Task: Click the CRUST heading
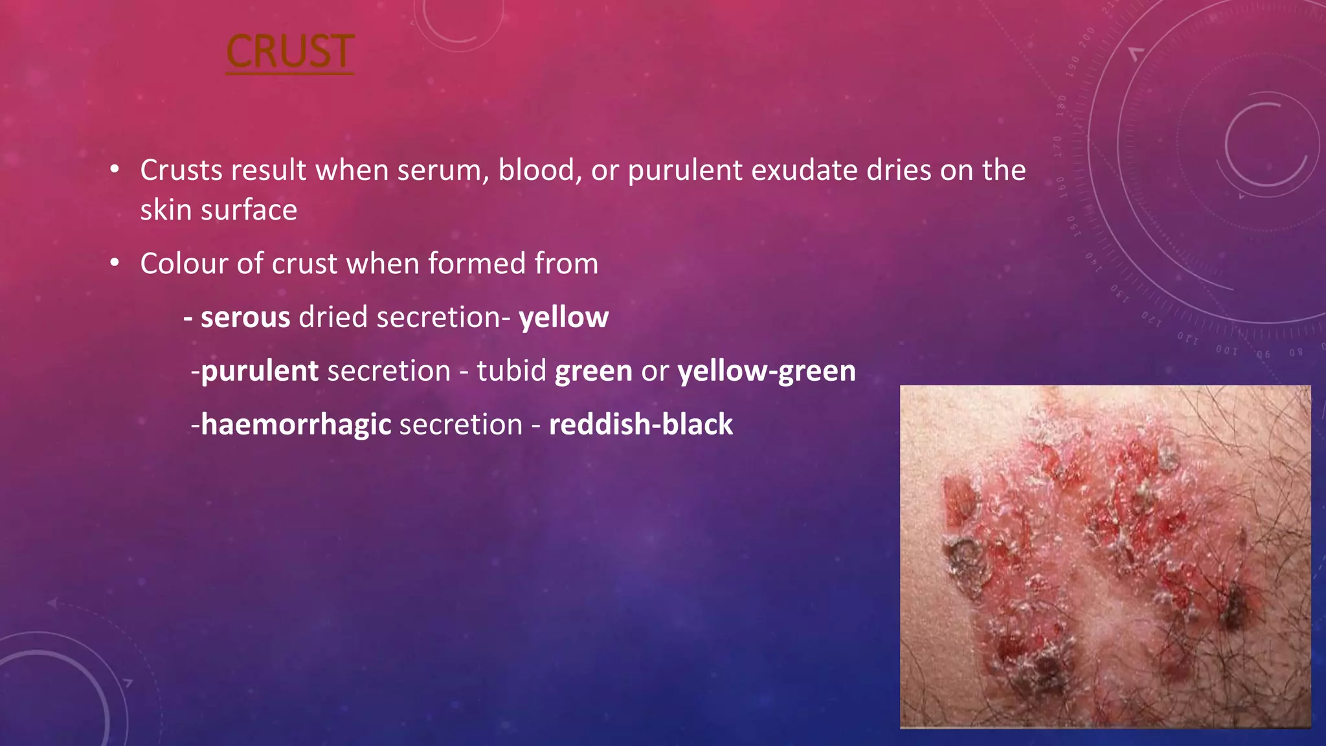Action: (289, 52)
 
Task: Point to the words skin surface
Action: (218, 210)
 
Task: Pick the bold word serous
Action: (245, 317)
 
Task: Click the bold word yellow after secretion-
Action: (563, 317)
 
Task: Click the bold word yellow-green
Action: (767, 371)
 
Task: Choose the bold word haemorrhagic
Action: (296, 425)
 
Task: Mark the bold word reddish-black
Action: (641, 425)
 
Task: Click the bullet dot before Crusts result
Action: (115, 170)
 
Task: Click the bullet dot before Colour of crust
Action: (115, 263)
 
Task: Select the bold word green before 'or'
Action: (593, 371)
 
